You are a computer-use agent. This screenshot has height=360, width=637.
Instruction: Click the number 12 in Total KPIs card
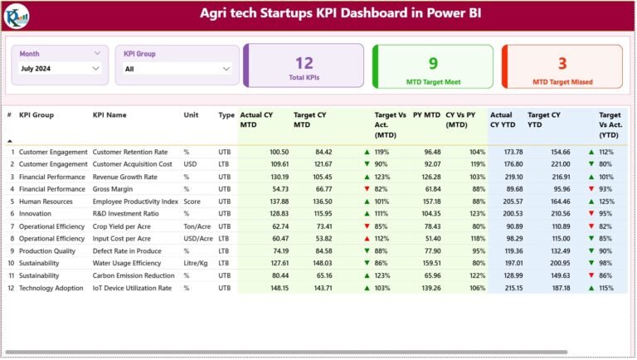click(x=304, y=62)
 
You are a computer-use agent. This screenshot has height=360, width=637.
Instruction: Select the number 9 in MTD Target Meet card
click(x=433, y=62)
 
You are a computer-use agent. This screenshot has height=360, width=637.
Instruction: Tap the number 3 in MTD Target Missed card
click(x=562, y=62)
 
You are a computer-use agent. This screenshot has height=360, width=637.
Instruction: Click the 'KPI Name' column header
click(x=109, y=115)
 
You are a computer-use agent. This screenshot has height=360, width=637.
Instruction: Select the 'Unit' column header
click(x=191, y=115)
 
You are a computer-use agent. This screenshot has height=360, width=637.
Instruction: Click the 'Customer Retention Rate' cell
click(x=129, y=152)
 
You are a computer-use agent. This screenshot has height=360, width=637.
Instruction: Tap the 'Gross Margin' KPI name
click(x=114, y=189)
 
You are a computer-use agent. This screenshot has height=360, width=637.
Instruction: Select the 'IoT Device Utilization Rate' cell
click(x=132, y=288)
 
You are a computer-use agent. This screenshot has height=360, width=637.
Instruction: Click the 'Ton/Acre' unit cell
click(x=197, y=226)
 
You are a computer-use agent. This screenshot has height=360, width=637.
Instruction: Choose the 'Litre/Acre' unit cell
click(x=198, y=263)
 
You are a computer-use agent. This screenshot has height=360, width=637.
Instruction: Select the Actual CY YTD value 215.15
click(x=508, y=288)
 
